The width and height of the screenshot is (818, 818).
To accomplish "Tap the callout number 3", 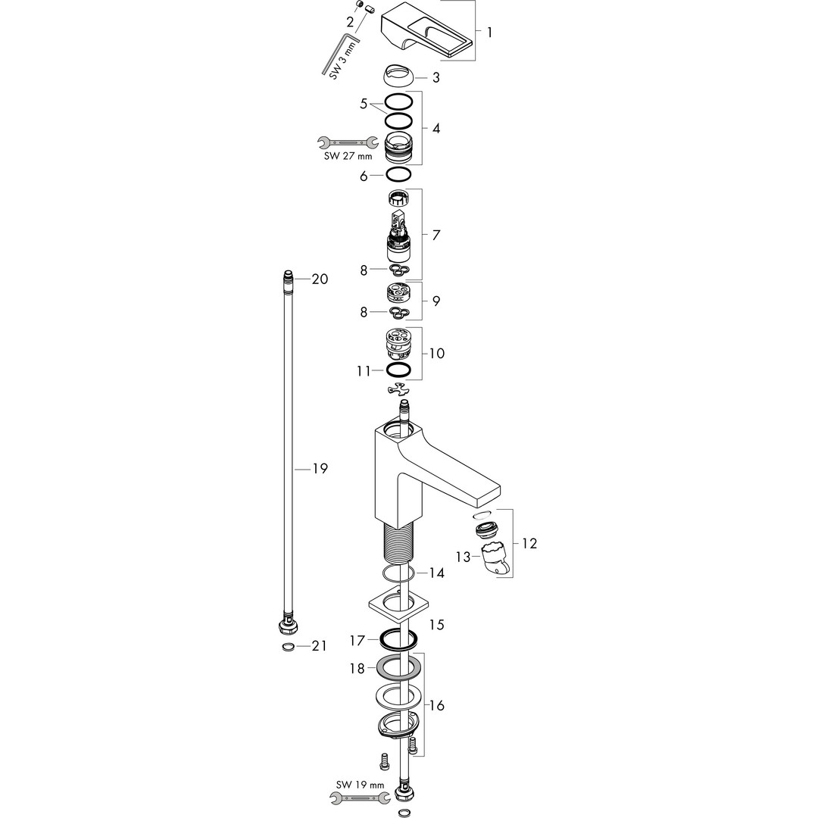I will pyautogui.click(x=436, y=77).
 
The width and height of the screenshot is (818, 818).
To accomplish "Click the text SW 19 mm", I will pyautogui.click(x=361, y=785).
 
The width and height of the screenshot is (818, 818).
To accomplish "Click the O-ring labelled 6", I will pyautogui.click(x=399, y=175).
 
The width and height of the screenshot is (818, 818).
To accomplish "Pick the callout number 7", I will pyautogui.click(x=436, y=235).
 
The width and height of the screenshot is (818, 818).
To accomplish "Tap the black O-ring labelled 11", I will pyautogui.click(x=399, y=370).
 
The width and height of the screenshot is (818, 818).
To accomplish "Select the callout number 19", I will pyautogui.click(x=320, y=469).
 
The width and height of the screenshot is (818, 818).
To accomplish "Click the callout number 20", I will pyautogui.click(x=320, y=279).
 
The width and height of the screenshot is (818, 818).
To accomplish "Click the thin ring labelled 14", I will pyautogui.click(x=396, y=573).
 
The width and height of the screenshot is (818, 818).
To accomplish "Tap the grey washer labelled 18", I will pyautogui.click(x=398, y=669).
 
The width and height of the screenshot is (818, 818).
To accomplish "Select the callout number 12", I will pyautogui.click(x=529, y=543).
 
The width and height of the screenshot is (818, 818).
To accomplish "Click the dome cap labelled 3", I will pyautogui.click(x=398, y=75).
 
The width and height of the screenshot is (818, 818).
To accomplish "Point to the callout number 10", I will pyautogui.click(x=436, y=353).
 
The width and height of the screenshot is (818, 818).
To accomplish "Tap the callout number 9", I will pyautogui.click(x=436, y=301).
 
